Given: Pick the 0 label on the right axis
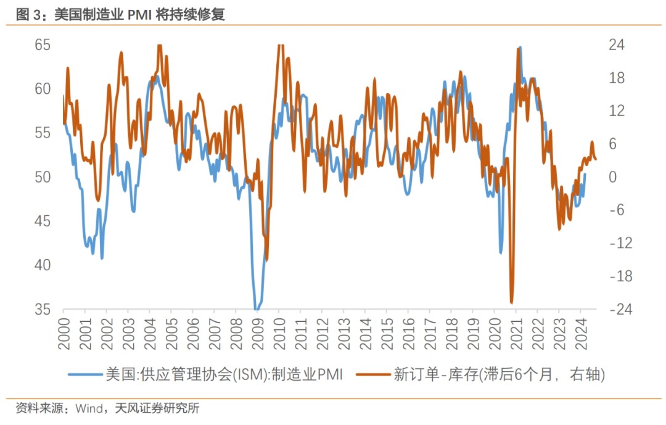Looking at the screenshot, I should pos(613,177).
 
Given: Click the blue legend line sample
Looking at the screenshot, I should pos(84,374).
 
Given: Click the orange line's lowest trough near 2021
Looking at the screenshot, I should pos(512,303).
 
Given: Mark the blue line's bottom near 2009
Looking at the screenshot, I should pos(257,309).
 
